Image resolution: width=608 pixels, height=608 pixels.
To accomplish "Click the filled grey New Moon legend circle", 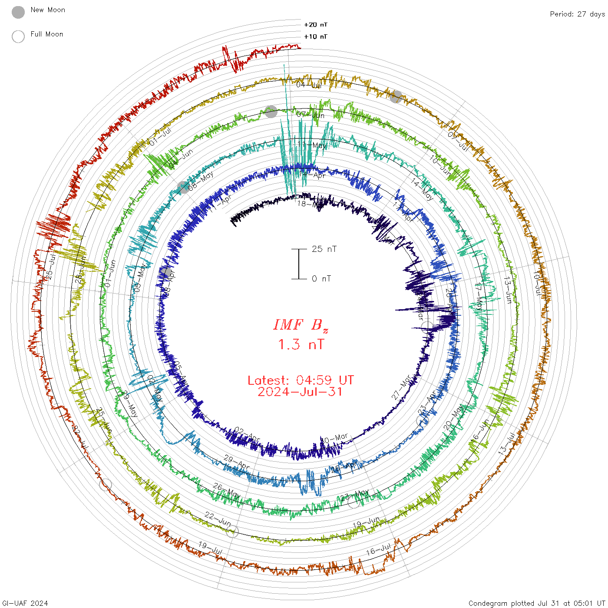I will [x=18, y=13].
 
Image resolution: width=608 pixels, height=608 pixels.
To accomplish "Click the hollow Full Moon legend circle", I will [x=18, y=36].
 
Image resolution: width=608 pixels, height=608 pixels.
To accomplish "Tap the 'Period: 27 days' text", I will [x=577, y=14].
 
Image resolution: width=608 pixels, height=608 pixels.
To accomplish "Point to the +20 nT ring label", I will [x=316, y=25].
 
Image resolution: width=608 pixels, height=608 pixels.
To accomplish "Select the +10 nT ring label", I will [x=316, y=36].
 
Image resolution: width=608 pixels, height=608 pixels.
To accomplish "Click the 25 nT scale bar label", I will [x=324, y=249].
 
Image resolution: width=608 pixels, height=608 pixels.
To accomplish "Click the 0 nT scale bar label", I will [x=321, y=278].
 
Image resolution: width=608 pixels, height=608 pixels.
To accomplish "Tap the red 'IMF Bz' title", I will [x=301, y=325].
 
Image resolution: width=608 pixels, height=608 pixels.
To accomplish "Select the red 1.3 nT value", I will [x=301, y=344].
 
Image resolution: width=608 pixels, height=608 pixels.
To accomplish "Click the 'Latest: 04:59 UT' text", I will [x=301, y=380].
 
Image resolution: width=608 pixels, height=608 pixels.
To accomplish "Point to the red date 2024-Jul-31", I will [x=301, y=392].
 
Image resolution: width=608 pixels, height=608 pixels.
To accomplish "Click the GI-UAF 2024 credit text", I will [x=25, y=603].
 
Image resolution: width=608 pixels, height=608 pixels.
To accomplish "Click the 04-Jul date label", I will [x=309, y=85].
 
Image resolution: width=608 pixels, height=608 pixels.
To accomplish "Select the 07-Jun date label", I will [x=311, y=115].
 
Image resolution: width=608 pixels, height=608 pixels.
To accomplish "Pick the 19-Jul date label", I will [x=210, y=548].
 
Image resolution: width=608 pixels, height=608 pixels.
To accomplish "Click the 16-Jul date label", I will [x=378, y=550].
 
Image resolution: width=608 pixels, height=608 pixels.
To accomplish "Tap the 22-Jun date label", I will [x=218, y=519].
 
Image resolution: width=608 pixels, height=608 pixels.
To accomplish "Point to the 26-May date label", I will [x=227, y=491].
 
